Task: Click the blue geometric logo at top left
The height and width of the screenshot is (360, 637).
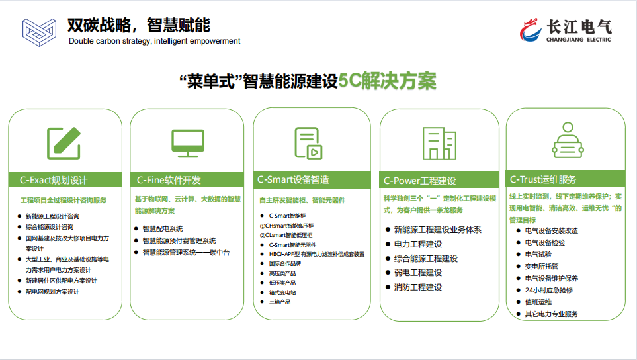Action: [39, 32]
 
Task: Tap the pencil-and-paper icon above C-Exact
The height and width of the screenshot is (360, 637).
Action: [64, 144]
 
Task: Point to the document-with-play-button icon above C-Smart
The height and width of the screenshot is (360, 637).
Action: [308, 144]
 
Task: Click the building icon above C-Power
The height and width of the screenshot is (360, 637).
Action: [439, 144]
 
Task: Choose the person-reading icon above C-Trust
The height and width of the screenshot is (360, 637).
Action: [568, 140]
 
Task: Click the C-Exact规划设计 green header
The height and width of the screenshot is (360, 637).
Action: [65, 180]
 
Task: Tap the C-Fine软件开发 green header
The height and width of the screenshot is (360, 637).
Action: [187, 180]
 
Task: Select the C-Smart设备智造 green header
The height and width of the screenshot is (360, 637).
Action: [312, 179]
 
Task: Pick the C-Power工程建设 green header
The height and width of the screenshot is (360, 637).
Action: [439, 181]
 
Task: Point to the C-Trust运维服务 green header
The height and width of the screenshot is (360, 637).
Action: [566, 179]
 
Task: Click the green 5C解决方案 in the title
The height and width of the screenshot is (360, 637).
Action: [387, 81]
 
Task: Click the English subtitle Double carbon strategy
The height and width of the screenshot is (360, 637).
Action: [154, 41]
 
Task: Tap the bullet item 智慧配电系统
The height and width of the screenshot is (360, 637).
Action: [163, 229]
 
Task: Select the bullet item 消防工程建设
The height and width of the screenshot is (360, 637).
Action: [417, 287]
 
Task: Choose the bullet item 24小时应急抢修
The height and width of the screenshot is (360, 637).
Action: [548, 290]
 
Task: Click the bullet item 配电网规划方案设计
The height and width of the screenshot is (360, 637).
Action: [52, 292]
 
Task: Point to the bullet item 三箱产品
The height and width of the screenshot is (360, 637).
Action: [280, 302]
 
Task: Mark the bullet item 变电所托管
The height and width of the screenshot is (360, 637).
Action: [541, 267]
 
